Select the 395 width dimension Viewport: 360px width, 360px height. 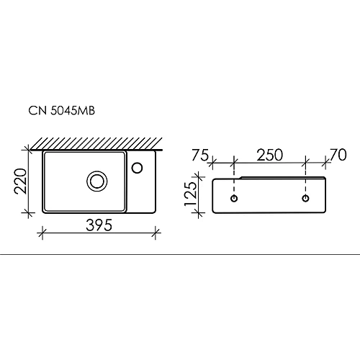point(99,225)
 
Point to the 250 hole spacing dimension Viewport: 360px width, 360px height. point(269,155)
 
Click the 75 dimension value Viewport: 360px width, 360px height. point(201,155)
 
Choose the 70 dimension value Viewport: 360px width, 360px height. point(338,155)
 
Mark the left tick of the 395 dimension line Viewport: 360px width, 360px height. point(42,233)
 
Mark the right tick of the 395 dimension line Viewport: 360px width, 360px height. point(156,233)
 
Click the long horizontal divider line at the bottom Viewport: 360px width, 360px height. point(180,255)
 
